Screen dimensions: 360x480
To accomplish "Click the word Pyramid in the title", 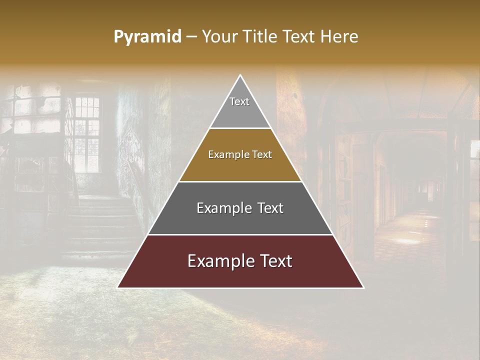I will click(147, 37).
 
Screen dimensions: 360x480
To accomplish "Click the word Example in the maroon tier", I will click(217, 261).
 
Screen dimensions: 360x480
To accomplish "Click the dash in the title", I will click(191, 37).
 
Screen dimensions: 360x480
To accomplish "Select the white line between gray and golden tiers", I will click(240, 128).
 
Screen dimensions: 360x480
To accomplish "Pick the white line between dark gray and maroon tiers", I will click(240, 234).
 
